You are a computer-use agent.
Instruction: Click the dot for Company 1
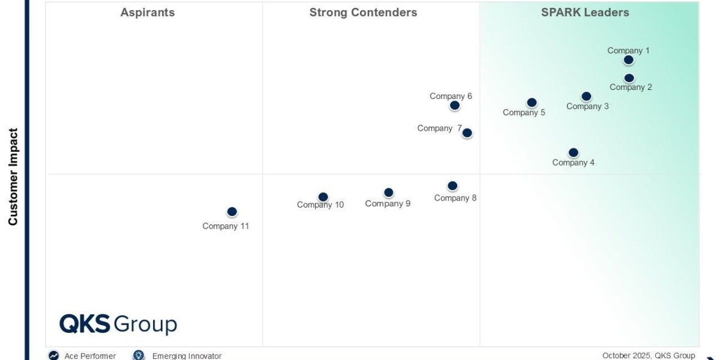[628, 59]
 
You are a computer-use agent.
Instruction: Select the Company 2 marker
[629, 78]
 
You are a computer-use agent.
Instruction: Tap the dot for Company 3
[586, 96]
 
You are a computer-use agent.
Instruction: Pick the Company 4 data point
[573, 152]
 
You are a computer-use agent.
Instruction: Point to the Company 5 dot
[532, 103]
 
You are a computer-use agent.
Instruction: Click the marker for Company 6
[455, 106]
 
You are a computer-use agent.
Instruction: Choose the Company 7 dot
[467, 133]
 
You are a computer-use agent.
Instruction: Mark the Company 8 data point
[452, 186]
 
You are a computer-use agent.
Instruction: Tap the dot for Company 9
[388, 193]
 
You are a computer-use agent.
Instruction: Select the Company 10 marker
[323, 197]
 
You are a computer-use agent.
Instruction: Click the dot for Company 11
[232, 212]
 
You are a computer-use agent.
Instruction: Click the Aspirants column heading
[148, 13]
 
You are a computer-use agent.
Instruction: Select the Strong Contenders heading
[363, 13]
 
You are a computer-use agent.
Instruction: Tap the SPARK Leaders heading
[585, 13]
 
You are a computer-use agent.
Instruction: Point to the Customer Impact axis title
[13, 177]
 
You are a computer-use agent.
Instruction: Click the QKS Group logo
[118, 324]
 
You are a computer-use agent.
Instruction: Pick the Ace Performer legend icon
[54, 355]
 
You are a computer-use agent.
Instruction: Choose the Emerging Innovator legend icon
[139, 355]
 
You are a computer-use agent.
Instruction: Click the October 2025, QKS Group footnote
[649, 355]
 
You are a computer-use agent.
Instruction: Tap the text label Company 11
[226, 226]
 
